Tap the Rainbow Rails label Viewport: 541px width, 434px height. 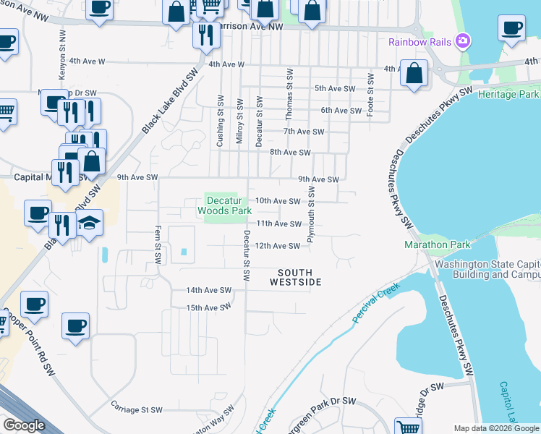point(419,42)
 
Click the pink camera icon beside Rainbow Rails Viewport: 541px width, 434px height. point(464,41)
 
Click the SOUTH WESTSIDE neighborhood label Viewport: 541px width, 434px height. point(296,277)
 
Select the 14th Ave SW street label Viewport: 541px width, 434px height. point(209,290)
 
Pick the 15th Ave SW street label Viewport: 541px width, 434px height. point(209,307)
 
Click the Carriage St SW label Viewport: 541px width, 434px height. point(137,409)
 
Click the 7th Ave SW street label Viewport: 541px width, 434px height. point(304,132)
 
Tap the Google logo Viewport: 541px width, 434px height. point(24,425)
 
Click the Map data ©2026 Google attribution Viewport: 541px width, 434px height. point(495,428)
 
